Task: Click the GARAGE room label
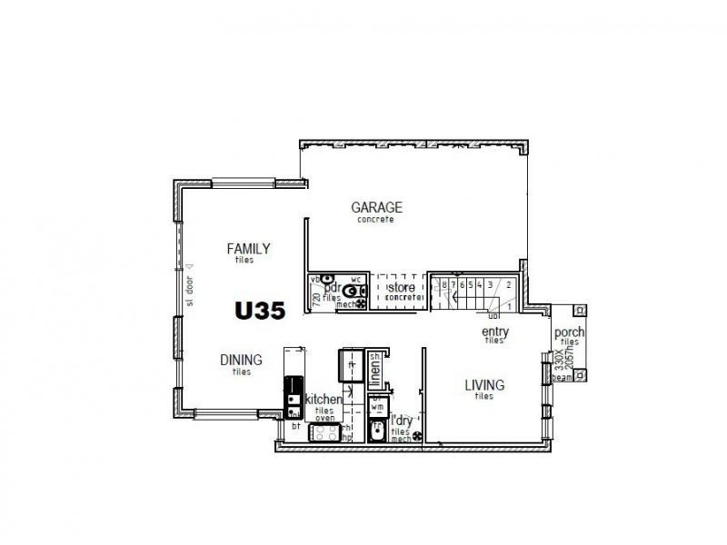376,207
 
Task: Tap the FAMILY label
248,248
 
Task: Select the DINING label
241,360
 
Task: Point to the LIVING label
484,385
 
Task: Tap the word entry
494,332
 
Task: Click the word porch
569,332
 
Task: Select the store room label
402,289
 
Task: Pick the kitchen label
323,400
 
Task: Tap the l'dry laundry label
401,421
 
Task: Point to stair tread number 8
443,284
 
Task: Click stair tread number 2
509,284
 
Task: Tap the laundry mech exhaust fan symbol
417,438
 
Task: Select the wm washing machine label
377,409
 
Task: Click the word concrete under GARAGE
376,219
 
